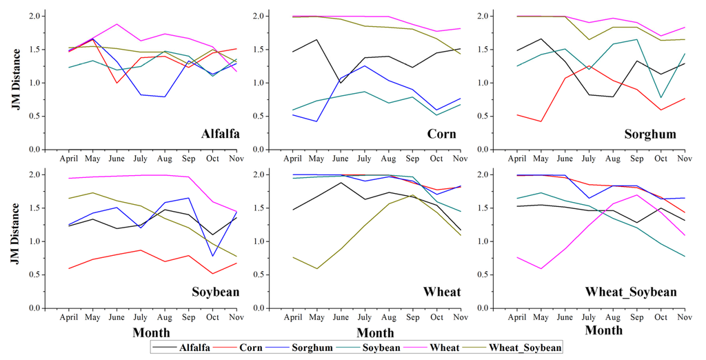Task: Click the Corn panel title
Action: click(x=441, y=133)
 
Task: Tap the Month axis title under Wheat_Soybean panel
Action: click(x=604, y=330)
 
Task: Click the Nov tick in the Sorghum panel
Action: click(x=685, y=159)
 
